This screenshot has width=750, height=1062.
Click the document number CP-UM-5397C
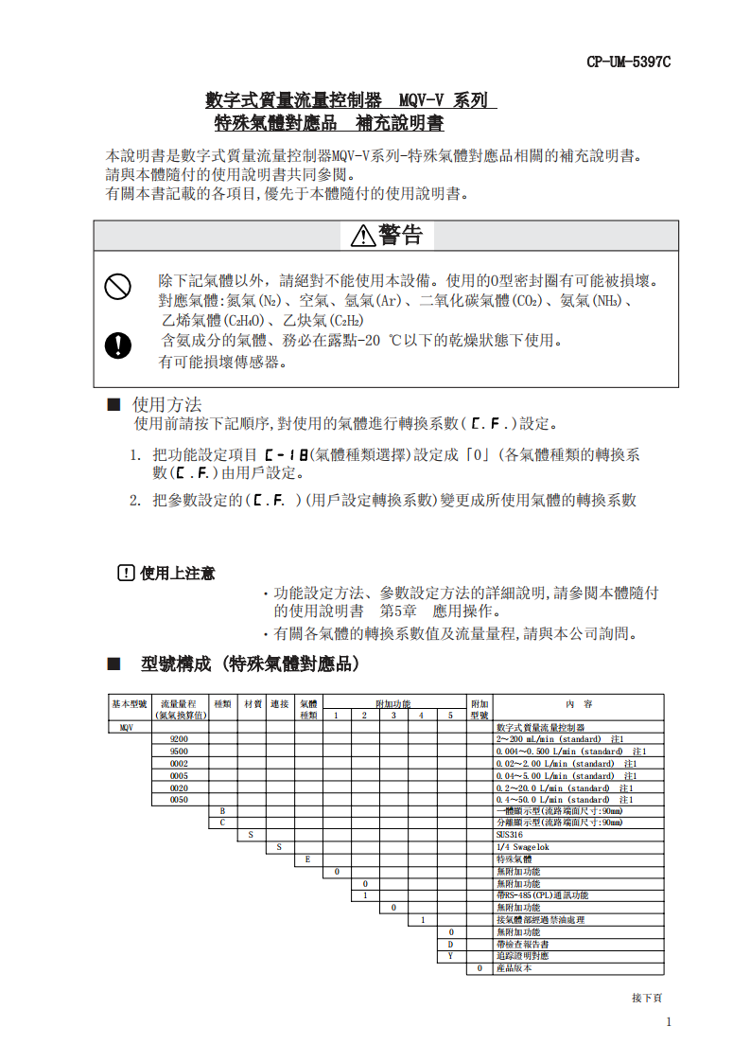click(x=628, y=62)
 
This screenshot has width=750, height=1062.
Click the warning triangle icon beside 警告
click(x=363, y=236)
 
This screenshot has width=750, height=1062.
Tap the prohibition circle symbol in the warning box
click(x=117, y=285)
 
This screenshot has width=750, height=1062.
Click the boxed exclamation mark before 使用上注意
click(x=126, y=573)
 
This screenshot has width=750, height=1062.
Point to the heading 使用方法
click(x=167, y=404)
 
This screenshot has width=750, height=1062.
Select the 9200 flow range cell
click(x=179, y=739)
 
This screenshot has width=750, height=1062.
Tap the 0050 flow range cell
click(x=179, y=800)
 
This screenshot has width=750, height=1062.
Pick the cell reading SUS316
click(x=509, y=836)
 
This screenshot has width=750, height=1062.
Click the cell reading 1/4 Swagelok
click(x=522, y=847)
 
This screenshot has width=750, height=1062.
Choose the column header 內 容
click(x=579, y=704)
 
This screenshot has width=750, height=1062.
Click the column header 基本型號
click(x=130, y=704)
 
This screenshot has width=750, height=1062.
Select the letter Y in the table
click(x=451, y=956)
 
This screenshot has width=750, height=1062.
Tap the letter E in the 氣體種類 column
click(x=308, y=859)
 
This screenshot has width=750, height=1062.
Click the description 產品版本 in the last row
click(x=515, y=968)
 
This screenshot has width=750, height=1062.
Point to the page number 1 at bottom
click(x=669, y=1022)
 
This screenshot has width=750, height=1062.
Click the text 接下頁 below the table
click(x=647, y=998)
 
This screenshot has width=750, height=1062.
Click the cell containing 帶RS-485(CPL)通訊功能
click(x=542, y=895)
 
